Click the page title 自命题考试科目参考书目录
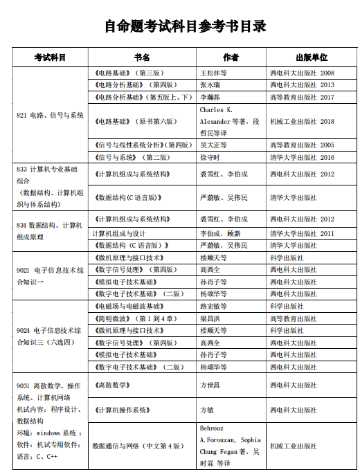point(185,26)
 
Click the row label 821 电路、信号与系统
point(50,115)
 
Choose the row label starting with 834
point(50,231)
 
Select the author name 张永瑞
point(211,85)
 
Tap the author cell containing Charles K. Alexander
point(229,121)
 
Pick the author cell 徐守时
point(211,157)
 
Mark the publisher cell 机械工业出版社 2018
point(302,121)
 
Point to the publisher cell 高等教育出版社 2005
point(302,145)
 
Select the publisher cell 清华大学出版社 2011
point(302,234)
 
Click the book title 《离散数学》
point(111,385)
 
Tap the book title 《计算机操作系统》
point(122,410)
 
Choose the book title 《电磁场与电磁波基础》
point(129,306)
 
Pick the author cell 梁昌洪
point(211,318)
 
